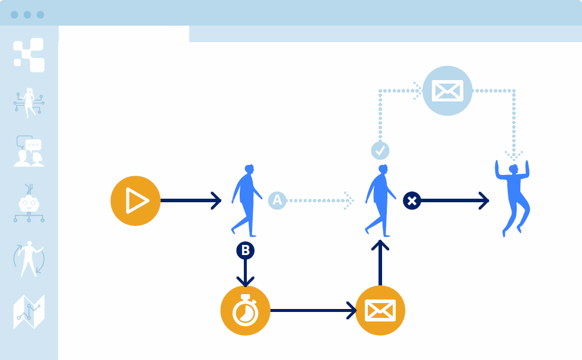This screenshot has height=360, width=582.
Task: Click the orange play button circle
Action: (136, 201)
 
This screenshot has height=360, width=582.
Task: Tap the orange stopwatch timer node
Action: (245, 310)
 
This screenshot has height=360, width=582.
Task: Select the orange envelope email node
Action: (380, 310)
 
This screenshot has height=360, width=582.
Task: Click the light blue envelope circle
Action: (447, 91)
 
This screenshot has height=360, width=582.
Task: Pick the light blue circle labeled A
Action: (277, 200)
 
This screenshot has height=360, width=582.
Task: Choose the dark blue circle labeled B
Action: (245, 250)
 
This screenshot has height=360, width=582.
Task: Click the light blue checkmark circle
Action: (380, 151)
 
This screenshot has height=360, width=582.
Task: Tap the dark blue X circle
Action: (412, 200)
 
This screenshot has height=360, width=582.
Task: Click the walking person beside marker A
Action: (246, 199)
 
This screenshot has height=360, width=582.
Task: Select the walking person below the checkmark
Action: (379, 200)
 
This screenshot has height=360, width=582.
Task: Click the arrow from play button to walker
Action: (190, 200)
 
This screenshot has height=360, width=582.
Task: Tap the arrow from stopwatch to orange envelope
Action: (313, 310)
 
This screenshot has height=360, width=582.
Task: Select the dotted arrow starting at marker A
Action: (320, 200)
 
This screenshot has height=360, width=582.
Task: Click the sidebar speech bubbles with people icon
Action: (28, 151)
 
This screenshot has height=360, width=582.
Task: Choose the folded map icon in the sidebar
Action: (28, 311)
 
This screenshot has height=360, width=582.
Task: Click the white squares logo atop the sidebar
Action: (29, 55)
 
